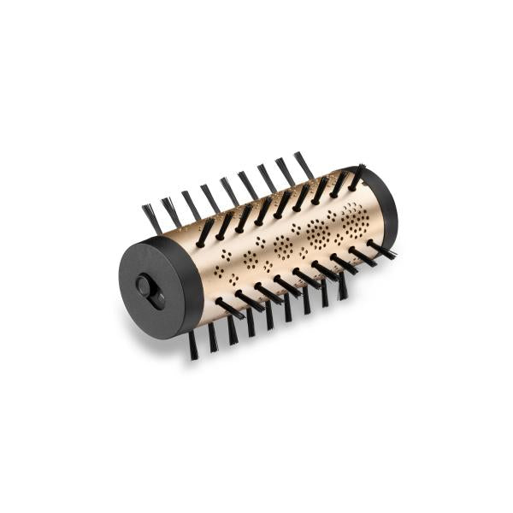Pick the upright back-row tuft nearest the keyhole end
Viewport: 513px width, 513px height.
[x=151, y=219]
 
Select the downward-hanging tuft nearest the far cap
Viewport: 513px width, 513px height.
[x=342, y=286]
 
